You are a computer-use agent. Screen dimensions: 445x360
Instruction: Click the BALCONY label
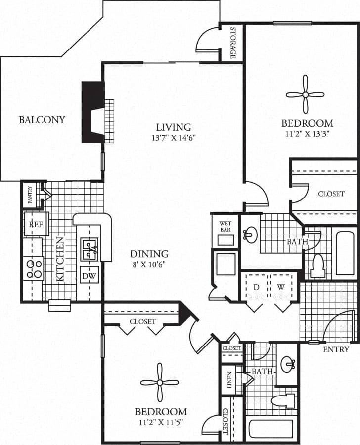pyautogui.click(x=42, y=119)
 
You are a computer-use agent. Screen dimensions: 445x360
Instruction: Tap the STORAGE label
pyautogui.click(x=232, y=43)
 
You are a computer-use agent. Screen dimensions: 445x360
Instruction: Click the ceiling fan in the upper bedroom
pyautogui.click(x=305, y=94)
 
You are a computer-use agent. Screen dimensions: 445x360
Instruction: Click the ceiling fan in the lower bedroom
pyautogui.click(x=159, y=382)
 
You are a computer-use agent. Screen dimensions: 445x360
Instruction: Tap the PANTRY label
pyautogui.click(x=30, y=195)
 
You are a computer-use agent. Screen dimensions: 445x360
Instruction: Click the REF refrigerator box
pyautogui.click(x=37, y=224)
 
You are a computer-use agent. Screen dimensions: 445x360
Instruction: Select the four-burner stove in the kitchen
pyautogui.click(x=34, y=269)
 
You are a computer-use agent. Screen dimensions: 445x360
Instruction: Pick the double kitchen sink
pyautogui.click(x=90, y=249)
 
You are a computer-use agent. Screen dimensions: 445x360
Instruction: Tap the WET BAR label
pyautogui.click(x=225, y=227)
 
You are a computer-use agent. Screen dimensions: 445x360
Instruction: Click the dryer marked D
pyautogui.click(x=256, y=287)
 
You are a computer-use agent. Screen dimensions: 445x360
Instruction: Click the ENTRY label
pyautogui.click(x=336, y=349)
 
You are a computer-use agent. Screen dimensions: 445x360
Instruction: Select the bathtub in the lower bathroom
pyautogui.click(x=271, y=429)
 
